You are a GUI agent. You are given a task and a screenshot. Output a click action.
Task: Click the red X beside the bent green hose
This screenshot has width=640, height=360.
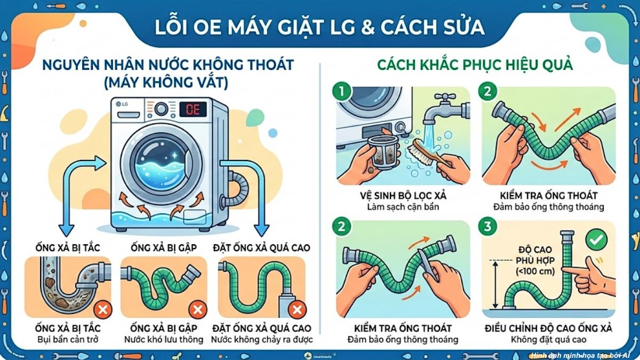[197, 309]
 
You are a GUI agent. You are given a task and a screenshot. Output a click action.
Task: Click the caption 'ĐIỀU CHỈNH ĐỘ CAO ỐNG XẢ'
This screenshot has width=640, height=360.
[548, 328]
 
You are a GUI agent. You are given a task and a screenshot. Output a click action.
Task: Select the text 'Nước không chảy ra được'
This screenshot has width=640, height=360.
[262, 339]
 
